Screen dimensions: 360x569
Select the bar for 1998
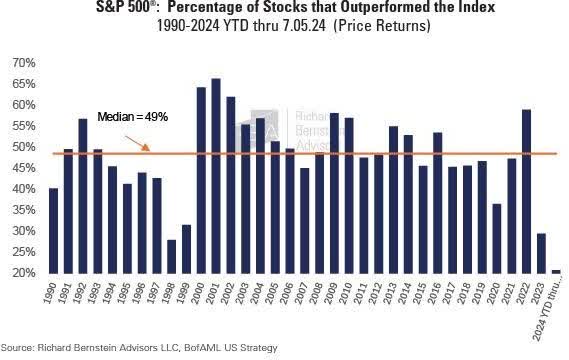pos(171,256)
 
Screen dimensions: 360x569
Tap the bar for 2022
pos(526,191)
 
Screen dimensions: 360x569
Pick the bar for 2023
pos(541,253)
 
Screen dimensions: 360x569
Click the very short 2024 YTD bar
pos(556,271)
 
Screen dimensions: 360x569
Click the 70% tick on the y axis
pos(24,63)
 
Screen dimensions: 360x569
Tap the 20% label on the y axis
pos(24,273)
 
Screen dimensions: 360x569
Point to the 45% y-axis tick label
pos(24,168)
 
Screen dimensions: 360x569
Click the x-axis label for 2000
pos(201,295)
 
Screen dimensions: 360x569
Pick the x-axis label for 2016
pos(438,295)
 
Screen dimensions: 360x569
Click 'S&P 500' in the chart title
pos(184,9)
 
